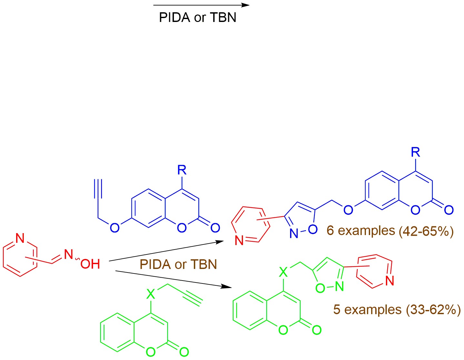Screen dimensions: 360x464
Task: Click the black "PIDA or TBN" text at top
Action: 197,17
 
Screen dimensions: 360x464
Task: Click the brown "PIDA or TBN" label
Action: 178,264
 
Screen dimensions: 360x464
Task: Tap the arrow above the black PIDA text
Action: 201,5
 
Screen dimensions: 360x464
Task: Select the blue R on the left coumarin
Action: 182,170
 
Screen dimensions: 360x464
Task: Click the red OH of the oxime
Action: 90,264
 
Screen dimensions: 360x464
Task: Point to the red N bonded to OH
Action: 68,254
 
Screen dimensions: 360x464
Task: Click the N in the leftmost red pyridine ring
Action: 20,238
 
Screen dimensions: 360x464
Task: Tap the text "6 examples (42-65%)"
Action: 390,231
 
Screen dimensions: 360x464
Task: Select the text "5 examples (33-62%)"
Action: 397,310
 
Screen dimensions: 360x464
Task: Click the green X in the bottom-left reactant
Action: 151,294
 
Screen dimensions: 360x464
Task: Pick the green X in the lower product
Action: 283,273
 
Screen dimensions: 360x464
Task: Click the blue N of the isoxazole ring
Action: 294,233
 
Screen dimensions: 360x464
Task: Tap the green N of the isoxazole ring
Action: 339,286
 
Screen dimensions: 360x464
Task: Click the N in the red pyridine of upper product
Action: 239,241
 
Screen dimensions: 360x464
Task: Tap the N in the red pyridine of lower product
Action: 390,281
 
